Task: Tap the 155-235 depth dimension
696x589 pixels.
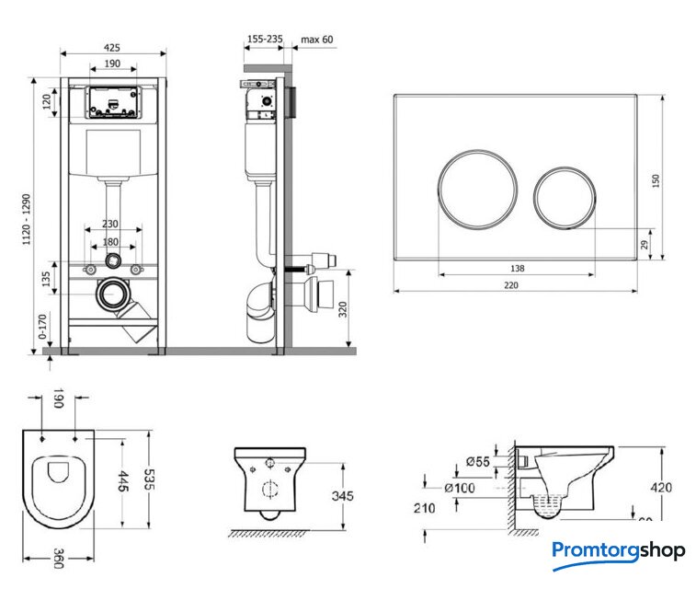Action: (x=265, y=40)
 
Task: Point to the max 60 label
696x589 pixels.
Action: (x=316, y=40)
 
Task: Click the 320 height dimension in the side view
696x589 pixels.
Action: (x=342, y=309)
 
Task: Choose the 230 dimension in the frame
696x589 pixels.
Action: (x=111, y=224)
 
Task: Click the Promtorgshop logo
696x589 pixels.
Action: (x=618, y=551)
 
